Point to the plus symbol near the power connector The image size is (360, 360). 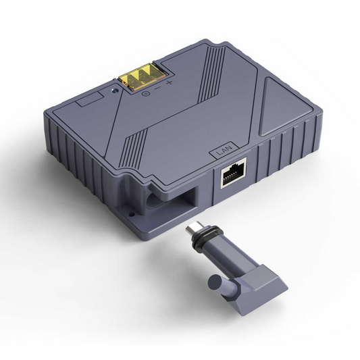[x=170, y=83]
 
